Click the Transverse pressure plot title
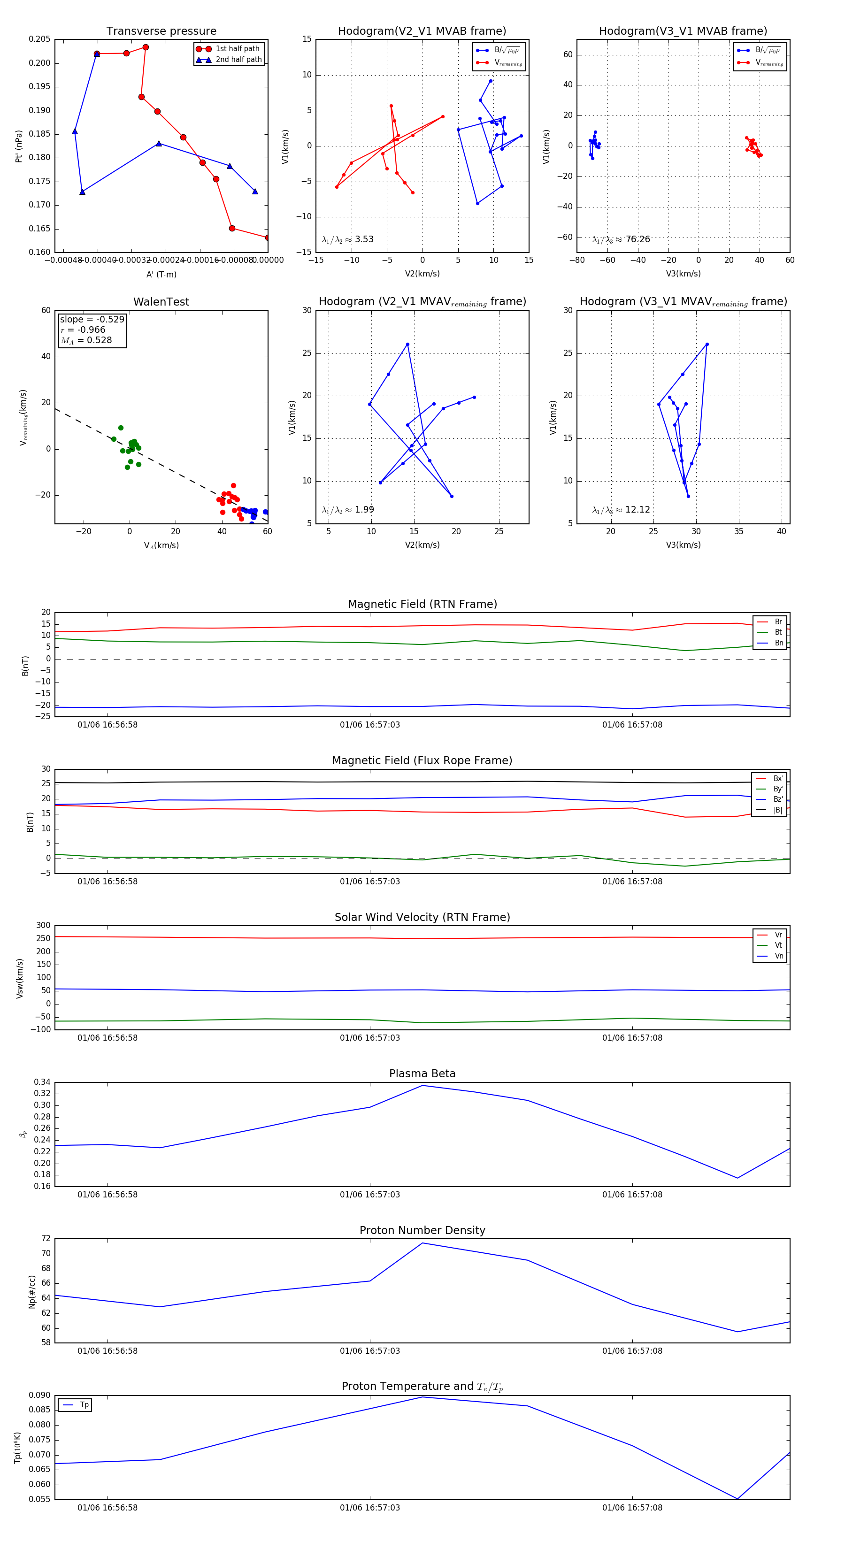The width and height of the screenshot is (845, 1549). coord(161,31)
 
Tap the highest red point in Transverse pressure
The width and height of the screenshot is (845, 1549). coord(146,47)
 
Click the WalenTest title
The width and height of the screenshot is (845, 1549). coord(161,302)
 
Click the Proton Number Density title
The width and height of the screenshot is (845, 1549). coord(422,1230)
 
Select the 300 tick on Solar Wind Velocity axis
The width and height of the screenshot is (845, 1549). coord(43,926)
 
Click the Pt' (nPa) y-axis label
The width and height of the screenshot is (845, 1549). coord(19,146)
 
